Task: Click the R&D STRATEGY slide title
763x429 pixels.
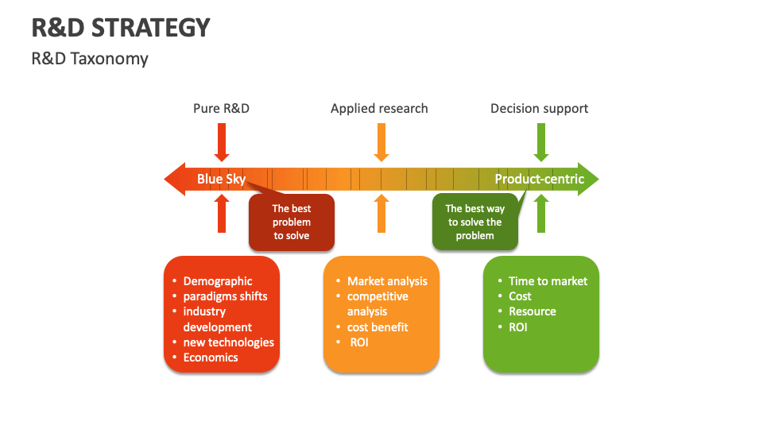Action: coord(121,28)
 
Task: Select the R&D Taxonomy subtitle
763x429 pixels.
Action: coord(90,59)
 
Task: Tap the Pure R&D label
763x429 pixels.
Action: coord(221,108)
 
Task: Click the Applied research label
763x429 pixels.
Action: coord(379,108)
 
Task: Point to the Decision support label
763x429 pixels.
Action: coord(539,108)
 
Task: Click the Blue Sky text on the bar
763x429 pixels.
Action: coord(221,179)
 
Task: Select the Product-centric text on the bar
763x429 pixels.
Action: coord(539,179)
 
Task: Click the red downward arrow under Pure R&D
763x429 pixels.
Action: coord(222,144)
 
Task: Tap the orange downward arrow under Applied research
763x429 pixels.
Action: coord(381,144)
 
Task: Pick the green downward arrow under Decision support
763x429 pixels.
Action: coord(541,144)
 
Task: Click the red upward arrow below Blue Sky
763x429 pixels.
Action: coord(222,214)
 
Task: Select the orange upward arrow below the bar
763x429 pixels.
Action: coord(381,214)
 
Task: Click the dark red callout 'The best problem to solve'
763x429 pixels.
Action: coord(292,222)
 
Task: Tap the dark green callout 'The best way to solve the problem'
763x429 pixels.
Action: coord(475,222)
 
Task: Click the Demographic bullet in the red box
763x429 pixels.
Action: coord(217,281)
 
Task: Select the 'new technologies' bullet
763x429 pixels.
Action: coord(228,342)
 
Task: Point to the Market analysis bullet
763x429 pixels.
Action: coord(387,281)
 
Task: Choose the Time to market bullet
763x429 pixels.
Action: coord(548,281)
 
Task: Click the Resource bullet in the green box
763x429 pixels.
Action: coord(532,311)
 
